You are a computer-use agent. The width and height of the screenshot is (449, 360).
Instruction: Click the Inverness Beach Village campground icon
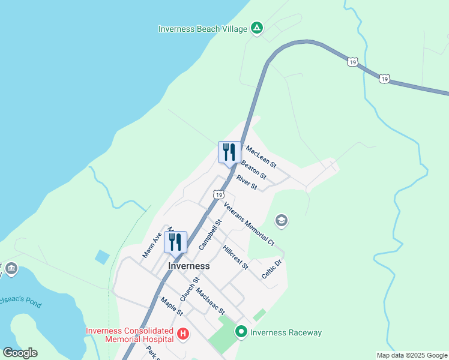coord(257,28)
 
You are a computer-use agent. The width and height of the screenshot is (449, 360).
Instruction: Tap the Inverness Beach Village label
coord(202,29)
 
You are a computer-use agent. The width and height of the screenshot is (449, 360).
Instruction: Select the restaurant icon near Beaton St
coord(229,152)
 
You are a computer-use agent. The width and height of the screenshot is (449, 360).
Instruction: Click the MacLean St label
coord(261,155)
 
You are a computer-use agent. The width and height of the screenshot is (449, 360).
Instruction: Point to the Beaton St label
coord(253,168)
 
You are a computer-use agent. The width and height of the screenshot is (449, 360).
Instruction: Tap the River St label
coord(247,182)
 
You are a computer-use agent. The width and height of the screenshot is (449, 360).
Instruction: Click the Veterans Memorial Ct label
coord(249,224)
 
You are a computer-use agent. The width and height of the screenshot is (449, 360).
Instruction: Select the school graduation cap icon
coord(281,221)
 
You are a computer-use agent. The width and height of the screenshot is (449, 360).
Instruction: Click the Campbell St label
coord(211,234)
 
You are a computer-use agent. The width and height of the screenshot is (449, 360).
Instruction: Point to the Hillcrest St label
coord(235,257)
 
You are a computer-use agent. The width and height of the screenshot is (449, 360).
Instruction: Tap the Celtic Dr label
coord(272,268)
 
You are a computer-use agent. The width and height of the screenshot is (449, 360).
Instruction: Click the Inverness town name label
coord(189,266)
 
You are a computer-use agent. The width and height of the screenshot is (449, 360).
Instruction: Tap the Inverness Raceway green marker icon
coord(241,332)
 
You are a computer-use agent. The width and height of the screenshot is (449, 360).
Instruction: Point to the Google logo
coord(20,353)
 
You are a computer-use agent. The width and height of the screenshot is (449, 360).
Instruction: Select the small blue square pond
coord(103,257)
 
